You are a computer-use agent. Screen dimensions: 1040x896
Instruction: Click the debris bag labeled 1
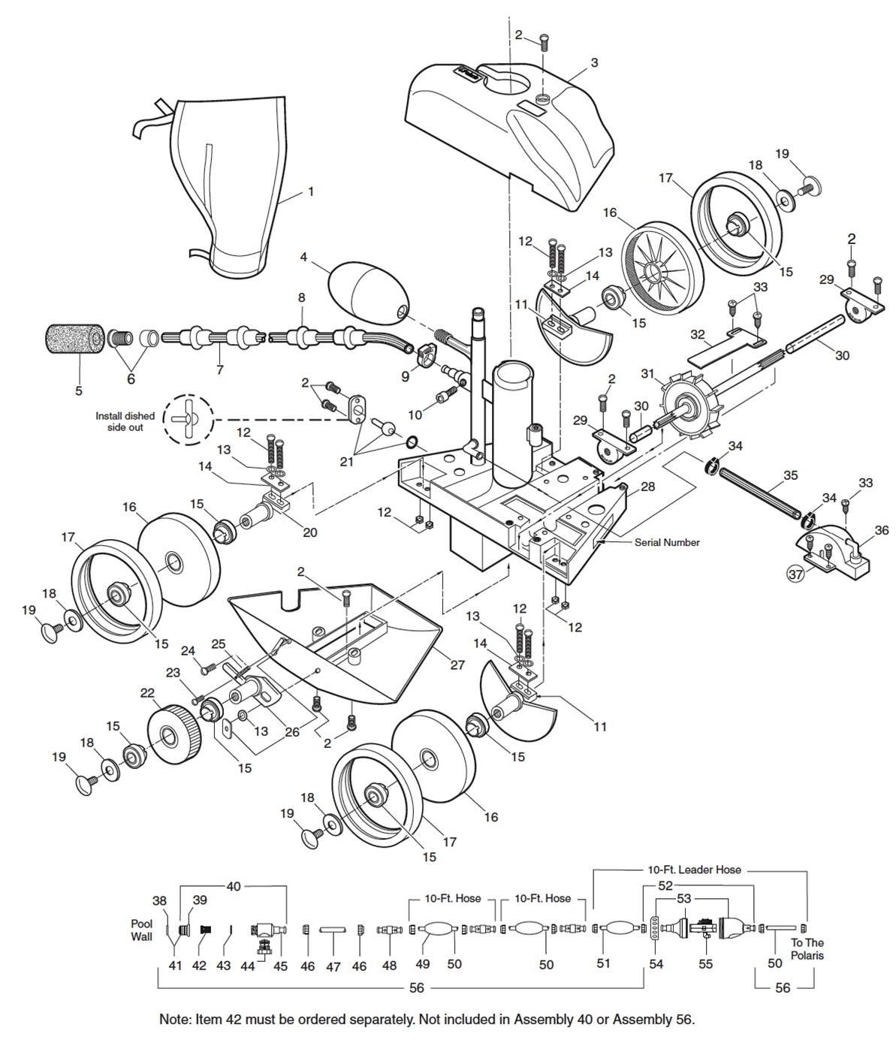tap(225, 188)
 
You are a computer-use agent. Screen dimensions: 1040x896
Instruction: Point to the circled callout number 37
tap(795, 574)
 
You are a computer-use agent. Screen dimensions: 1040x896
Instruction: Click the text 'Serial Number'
tap(666, 542)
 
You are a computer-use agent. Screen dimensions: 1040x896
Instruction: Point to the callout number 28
tap(647, 487)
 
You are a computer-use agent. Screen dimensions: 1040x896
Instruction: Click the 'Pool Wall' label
tap(142, 930)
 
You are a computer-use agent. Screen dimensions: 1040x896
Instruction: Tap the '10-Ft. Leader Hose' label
tap(694, 870)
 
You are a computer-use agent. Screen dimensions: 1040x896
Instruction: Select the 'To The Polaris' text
tap(807, 949)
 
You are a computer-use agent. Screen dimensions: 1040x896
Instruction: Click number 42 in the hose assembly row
tap(199, 966)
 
